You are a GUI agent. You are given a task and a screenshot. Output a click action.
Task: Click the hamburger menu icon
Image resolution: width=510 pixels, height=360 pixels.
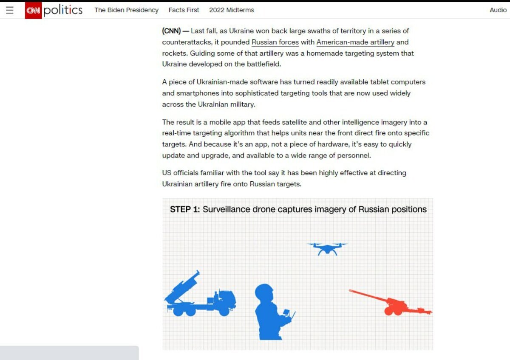pyautogui.click(x=9, y=10)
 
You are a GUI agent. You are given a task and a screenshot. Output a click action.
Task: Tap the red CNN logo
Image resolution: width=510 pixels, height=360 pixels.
pyautogui.click(x=33, y=11)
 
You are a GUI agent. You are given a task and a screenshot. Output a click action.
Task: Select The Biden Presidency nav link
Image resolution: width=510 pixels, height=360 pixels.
pyautogui.click(x=126, y=10)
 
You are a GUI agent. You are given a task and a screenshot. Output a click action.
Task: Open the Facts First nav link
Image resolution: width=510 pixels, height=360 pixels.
pyautogui.click(x=184, y=10)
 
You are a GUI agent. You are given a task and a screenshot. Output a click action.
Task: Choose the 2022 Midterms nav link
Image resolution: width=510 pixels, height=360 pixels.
pyautogui.click(x=232, y=10)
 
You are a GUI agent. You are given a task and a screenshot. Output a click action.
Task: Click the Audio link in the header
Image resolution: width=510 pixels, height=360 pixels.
pyautogui.click(x=498, y=10)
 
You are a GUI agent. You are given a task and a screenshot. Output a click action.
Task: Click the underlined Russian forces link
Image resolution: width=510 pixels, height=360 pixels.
pyautogui.click(x=275, y=42)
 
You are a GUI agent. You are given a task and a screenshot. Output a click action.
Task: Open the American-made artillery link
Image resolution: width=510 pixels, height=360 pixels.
pyautogui.click(x=355, y=42)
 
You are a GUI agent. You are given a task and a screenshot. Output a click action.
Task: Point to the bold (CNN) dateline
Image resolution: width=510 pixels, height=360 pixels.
pyautogui.click(x=171, y=31)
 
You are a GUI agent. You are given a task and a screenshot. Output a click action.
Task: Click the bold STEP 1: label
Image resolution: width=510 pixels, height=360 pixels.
pyautogui.click(x=184, y=209)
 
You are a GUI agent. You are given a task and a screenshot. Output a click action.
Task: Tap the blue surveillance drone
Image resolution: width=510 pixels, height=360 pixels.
pyautogui.click(x=327, y=249)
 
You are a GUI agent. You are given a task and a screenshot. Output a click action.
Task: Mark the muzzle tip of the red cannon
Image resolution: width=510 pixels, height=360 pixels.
pyautogui.click(x=350, y=290)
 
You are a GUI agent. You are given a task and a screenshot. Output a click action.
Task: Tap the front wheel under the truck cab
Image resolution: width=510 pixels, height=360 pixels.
pyautogui.click(x=224, y=311)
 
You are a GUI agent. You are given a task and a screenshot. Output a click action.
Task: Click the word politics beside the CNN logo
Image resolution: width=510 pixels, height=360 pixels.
pyautogui.click(x=63, y=11)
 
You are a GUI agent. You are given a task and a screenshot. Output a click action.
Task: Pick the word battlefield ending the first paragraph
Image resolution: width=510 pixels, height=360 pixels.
pyautogui.click(x=263, y=64)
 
